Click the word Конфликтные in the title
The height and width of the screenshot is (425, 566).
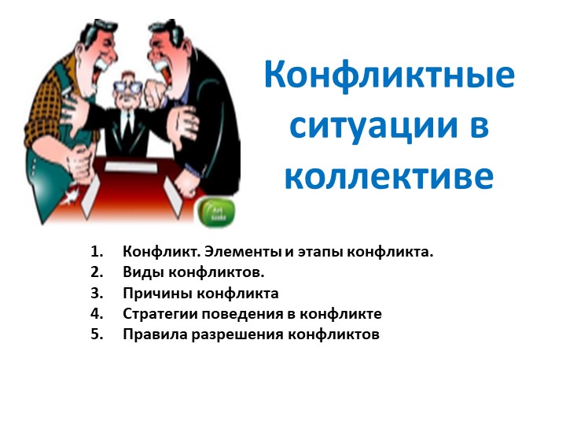coord(390,76)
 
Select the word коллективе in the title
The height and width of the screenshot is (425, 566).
coord(389,176)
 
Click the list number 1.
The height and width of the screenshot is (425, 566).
coord(97,253)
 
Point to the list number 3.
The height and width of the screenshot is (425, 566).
coord(97,294)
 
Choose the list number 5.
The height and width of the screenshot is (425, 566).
coord(97,334)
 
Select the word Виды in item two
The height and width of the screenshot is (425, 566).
coord(140,273)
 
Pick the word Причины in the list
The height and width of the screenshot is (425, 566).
coord(156,294)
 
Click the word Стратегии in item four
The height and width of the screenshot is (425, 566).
coord(158,314)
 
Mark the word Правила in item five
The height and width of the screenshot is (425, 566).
coord(149,334)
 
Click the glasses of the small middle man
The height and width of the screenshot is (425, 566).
coord(129,83)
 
